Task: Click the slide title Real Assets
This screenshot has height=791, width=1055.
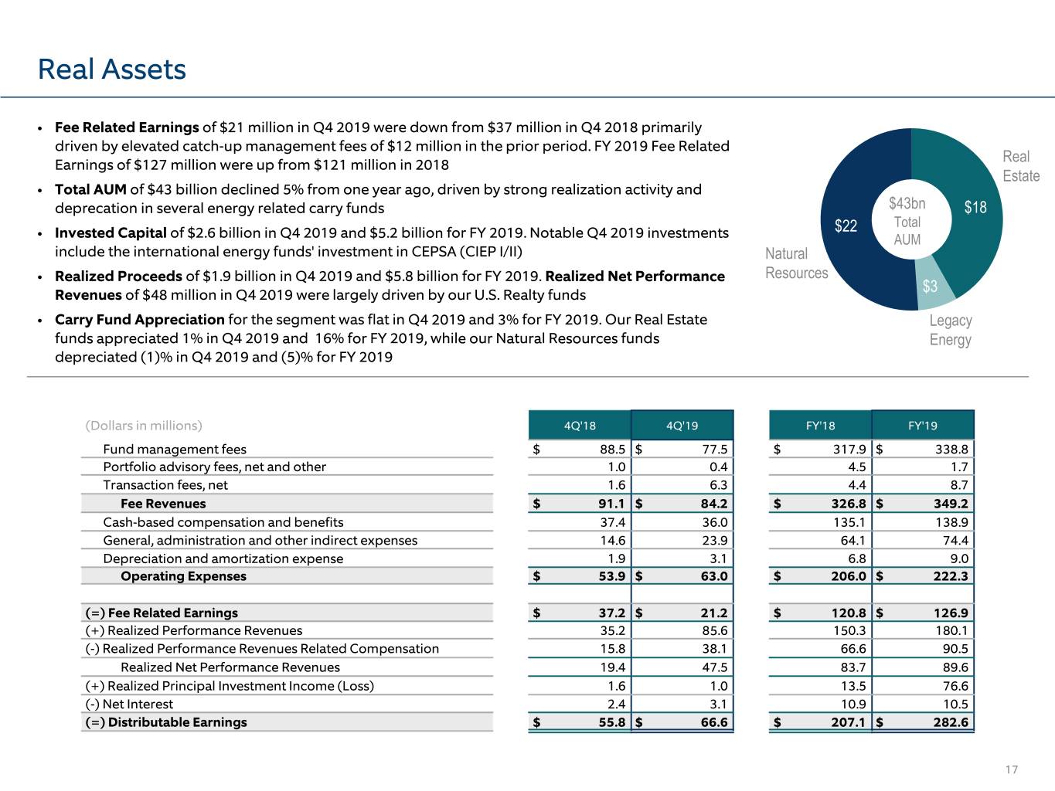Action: tap(111, 70)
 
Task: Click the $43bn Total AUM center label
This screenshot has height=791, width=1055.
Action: tap(907, 222)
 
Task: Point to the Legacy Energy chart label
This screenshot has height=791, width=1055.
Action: tap(951, 330)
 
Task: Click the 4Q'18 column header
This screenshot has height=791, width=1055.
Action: tap(580, 426)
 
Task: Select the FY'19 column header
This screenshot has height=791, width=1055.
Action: tap(922, 426)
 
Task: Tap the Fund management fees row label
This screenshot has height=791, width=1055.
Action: tap(175, 450)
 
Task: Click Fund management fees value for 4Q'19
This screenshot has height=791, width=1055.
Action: tap(715, 450)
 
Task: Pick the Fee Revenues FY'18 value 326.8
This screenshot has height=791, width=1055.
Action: tap(849, 504)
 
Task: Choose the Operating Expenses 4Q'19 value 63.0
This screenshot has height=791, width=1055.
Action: tap(714, 576)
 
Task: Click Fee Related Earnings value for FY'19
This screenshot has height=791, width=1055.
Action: tap(951, 613)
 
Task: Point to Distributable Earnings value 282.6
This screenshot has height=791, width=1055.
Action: tap(951, 722)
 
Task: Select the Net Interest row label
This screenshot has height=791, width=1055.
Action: tap(129, 704)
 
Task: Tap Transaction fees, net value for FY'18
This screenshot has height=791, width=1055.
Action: tap(857, 485)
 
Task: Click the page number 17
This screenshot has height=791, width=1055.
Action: tap(1011, 769)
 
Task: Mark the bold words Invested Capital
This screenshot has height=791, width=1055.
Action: tap(111, 233)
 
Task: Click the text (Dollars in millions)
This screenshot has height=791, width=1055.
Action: tap(144, 426)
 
